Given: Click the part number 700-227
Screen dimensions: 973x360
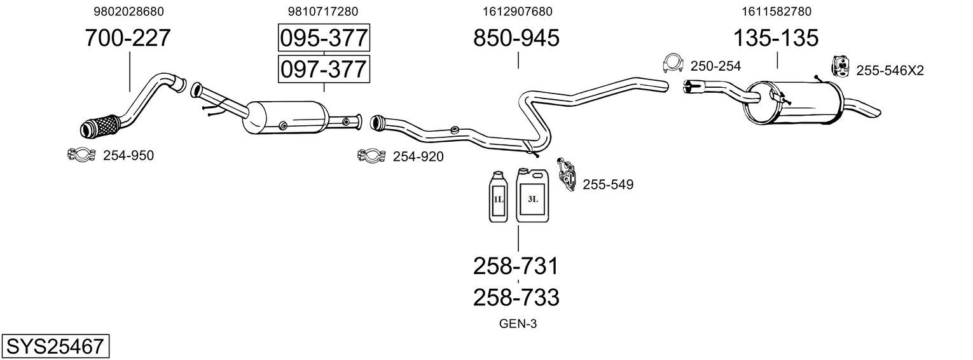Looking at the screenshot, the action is click(128, 38).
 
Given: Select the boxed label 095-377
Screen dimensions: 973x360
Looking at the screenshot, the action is click(324, 38).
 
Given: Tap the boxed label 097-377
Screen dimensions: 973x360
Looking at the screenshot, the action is click(324, 69).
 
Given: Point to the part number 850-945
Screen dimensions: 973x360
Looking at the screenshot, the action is click(516, 38).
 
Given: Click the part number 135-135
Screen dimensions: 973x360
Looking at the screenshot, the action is click(776, 38).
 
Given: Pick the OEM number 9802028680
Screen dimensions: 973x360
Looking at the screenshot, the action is click(129, 11).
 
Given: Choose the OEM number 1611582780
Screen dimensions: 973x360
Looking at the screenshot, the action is click(776, 11).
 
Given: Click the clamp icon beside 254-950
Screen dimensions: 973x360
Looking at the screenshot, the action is click(81, 155).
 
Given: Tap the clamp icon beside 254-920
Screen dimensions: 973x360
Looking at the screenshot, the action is click(371, 155).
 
